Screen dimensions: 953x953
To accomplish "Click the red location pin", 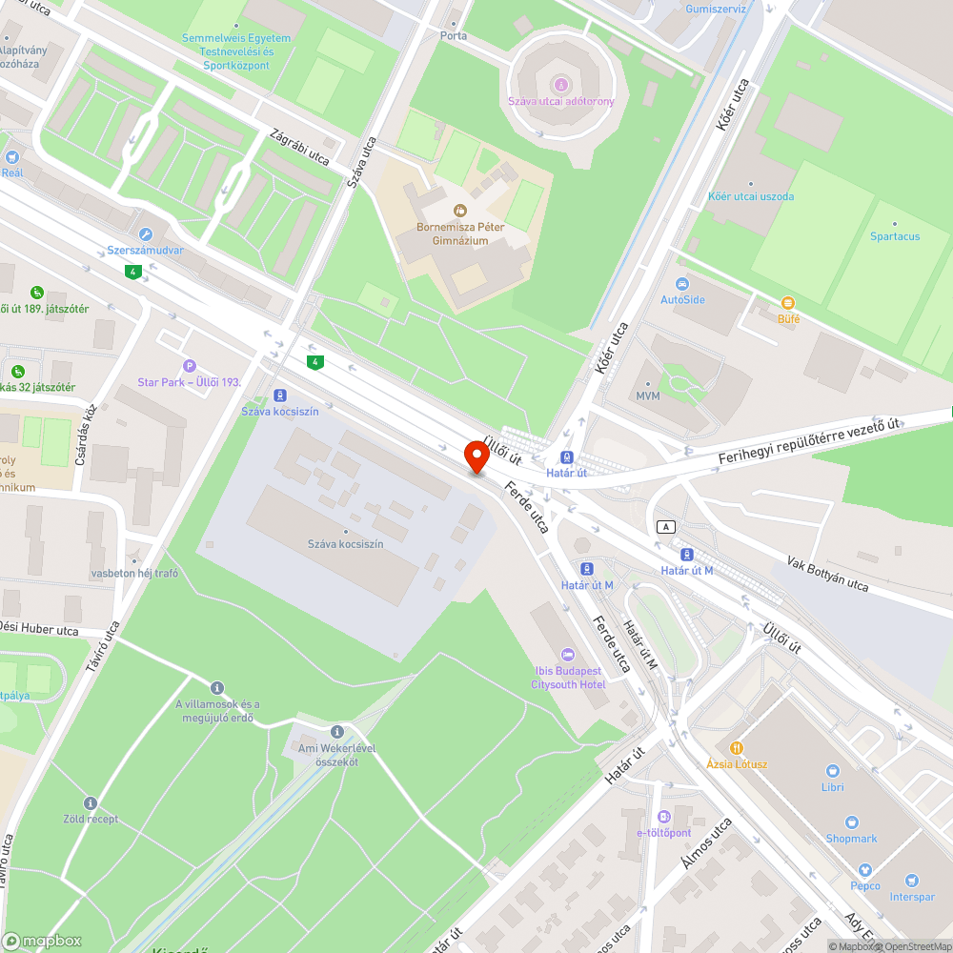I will point(476,456).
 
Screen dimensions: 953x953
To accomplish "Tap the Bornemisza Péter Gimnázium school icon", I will point(459,210).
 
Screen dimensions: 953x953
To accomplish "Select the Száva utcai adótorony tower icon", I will point(560,85).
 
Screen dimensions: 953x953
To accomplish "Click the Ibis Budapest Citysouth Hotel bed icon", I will point(569,655).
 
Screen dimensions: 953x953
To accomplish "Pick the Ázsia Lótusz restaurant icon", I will point(736,748).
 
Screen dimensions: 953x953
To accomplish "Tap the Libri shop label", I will point(833,786).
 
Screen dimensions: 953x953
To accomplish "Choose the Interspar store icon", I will point(912,881).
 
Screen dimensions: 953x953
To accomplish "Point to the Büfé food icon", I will point(788,303).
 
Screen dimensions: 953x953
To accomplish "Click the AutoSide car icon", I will point(682,284).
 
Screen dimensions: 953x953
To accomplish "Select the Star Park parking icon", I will point(189,366).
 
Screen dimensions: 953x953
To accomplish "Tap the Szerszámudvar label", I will point(145,252).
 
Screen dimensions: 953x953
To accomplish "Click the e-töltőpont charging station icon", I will point(663,817).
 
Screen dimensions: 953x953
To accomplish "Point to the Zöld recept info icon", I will point(91,803).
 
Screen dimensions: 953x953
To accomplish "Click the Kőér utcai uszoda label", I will point(750,196).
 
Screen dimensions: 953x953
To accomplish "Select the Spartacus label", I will point(894,235).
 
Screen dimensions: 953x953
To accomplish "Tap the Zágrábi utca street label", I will point(299,146).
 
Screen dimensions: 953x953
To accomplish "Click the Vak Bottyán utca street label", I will point(827,573).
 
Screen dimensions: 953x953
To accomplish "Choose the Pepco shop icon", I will point(865,870).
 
